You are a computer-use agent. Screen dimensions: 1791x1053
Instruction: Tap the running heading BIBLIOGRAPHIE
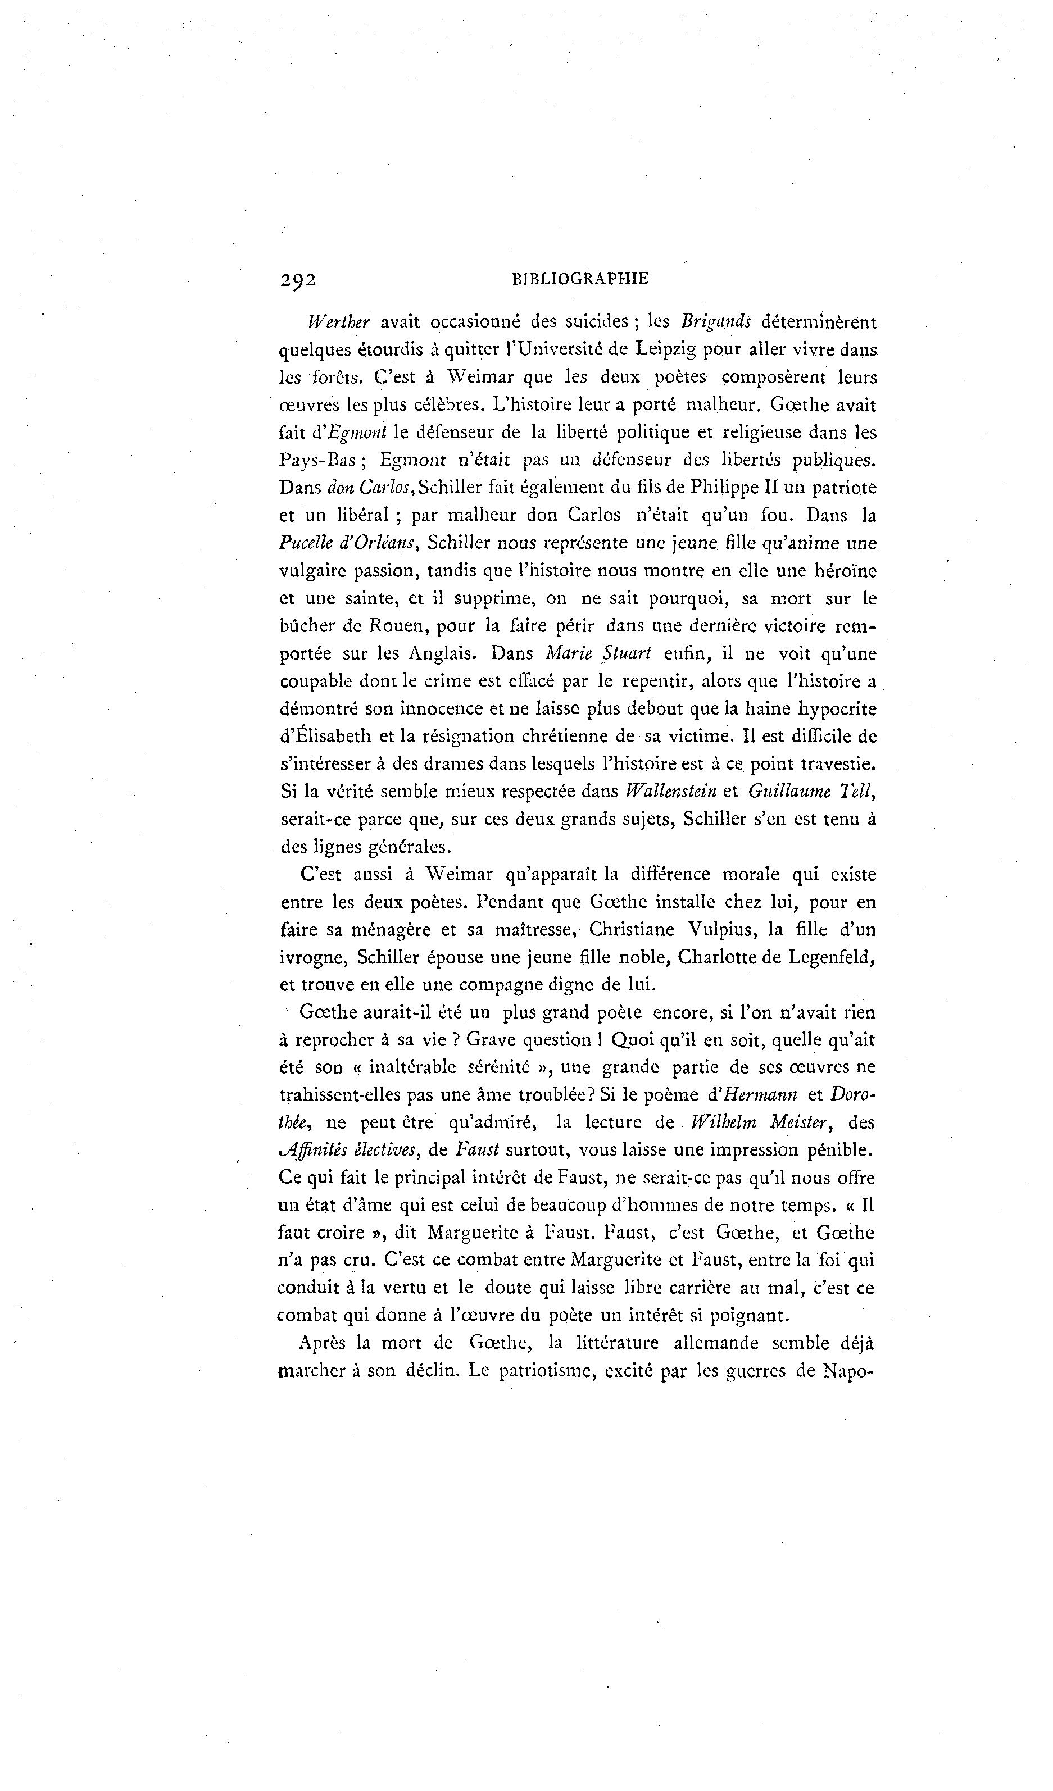[580, 279]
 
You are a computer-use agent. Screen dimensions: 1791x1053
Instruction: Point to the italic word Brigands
[716, 321]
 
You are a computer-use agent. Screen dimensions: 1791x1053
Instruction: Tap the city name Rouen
[397, 626]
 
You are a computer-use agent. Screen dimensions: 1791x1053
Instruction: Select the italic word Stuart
[627, 653]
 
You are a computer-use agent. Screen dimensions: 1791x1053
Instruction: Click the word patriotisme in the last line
[542, 1371]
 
